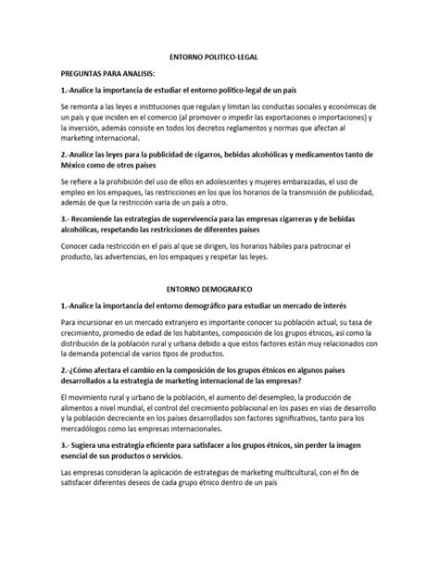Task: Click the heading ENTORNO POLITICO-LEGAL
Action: pos(219,56)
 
